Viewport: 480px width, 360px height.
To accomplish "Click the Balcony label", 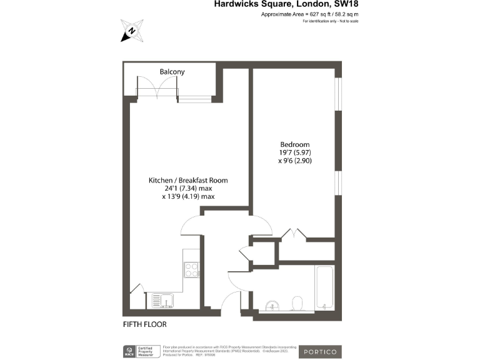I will pos(172,72).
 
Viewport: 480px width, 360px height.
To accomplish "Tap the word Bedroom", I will pos(295,144).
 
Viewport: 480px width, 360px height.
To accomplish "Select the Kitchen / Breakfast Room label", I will pos(187,180).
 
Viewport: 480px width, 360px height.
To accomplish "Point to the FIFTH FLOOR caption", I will pos(144,324).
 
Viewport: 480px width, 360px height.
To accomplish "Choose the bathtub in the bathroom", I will pos(324,287).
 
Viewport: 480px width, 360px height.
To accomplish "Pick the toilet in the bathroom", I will pos(297,303).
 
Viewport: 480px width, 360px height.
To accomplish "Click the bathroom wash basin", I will pos(270,306).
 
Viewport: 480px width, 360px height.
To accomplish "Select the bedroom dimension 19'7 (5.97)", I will pos(295,152).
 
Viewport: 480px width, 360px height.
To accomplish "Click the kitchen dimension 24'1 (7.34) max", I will pos(187,188).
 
